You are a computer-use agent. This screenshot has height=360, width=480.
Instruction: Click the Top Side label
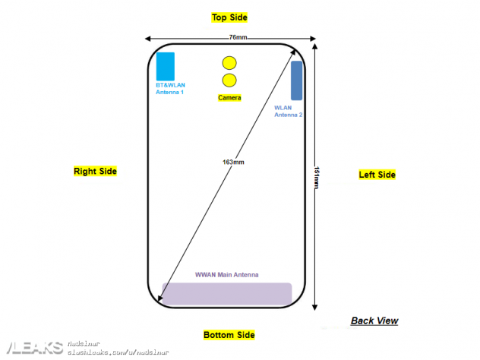229,17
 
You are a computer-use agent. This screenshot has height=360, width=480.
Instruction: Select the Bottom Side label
229,335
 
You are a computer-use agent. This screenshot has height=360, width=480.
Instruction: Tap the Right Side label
95,172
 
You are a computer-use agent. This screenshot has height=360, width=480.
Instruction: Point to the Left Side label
377,175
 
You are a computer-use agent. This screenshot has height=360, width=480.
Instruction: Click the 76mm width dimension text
238,37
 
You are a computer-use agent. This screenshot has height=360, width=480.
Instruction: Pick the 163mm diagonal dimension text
233,162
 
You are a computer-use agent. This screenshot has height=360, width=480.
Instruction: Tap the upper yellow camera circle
229,64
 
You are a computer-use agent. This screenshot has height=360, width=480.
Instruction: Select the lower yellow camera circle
229,81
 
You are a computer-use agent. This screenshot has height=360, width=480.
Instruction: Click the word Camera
229,98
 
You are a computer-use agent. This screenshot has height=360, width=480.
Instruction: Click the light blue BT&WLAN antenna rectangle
166,66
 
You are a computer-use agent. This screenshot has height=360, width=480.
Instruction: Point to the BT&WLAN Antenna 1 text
170,88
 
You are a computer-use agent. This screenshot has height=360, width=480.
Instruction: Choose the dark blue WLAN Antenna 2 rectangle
296,80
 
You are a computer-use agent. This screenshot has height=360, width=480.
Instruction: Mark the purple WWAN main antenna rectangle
227,294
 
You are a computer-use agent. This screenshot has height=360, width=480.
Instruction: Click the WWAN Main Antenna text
227,274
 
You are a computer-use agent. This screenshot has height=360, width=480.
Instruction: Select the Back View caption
374,321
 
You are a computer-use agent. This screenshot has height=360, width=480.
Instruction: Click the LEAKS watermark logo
32,347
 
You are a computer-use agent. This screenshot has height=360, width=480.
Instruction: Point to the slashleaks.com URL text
118,352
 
